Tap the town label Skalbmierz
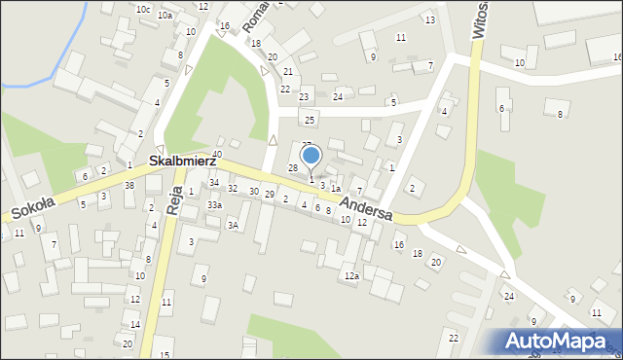coord(182,160)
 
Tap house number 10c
coord(143,9)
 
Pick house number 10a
coord(165,16)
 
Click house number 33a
coord(214,205)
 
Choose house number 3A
coord(233,225)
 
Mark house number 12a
coord(350,276)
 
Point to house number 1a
coord(335,188)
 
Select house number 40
coord(217,154)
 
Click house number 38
coord(129,185)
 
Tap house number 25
coord(310,120)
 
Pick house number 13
coord(429,19)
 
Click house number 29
coord(269,196)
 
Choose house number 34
coord(213,183)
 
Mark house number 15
coord(165,354)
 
